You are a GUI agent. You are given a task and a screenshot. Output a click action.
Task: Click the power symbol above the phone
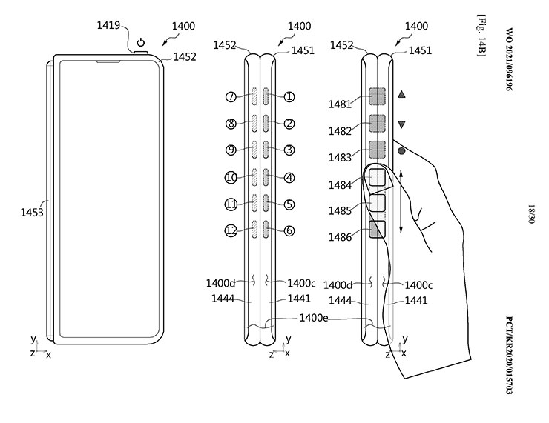point(141,42)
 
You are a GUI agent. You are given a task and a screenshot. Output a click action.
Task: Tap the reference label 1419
point(108,25)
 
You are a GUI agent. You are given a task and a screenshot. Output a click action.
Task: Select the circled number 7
point(231,96)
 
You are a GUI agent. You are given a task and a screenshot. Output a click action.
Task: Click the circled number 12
point(231,230)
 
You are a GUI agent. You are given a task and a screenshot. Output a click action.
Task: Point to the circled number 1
point(289,96)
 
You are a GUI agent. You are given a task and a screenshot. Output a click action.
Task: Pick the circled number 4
point(289,178)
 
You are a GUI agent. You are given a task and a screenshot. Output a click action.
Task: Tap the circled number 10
point(231,178)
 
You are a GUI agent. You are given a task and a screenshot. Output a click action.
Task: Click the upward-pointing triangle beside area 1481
point(401,94)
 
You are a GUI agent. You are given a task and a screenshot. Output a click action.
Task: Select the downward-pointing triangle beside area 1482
point(401,124)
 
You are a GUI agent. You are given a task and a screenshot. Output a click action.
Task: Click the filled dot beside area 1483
point(401,151)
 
